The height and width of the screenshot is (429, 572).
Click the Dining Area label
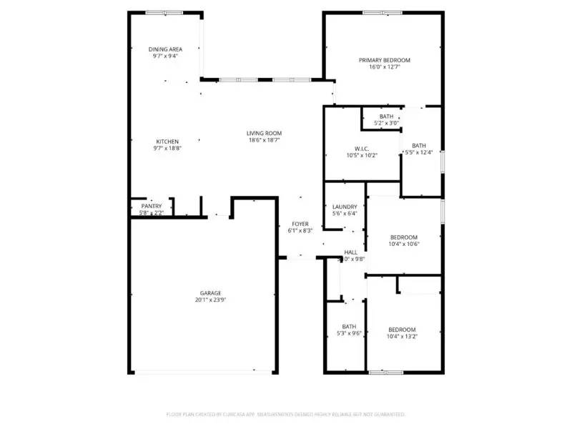(165, 49)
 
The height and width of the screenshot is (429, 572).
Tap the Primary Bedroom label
(385, 60)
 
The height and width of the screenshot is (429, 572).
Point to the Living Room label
(265, 133)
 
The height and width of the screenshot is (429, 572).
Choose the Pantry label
(152, 206)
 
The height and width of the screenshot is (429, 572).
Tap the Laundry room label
(345, 207)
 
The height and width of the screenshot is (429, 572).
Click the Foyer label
(300, 224)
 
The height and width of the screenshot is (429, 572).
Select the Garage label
(210, 293)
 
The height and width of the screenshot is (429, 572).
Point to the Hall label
(351, 252)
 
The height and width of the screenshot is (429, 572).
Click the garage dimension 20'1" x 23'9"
(210, 300)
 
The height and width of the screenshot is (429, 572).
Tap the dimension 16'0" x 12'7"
(385, 68)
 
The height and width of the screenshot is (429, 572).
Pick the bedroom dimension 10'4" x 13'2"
(402, 336)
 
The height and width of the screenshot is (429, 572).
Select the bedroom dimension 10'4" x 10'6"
(403, 244)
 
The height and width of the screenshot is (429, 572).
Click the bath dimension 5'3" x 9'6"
(349, 333)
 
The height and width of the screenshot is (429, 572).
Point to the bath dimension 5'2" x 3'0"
(386, 123)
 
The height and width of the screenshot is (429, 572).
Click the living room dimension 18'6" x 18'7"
(265, 140)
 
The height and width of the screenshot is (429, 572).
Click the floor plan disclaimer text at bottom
(286, 414)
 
